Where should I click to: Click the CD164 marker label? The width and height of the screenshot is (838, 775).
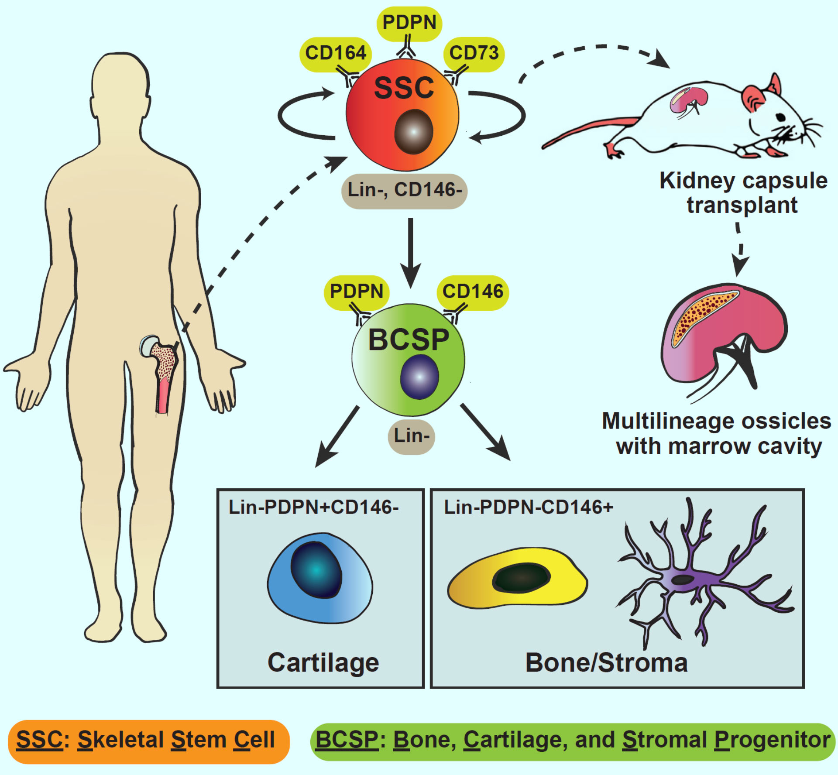click(x=336, y=54)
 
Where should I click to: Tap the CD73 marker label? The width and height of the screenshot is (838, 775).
click(x=474, y=54)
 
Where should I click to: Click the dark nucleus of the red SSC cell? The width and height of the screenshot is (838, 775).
click(x=413, y=132)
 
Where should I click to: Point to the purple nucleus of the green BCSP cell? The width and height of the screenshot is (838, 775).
click(x=419, y=377)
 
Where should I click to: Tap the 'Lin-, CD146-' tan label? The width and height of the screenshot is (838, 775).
click(x=405, y=190)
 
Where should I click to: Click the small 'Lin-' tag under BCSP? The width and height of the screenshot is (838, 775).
click(x=411, y=436)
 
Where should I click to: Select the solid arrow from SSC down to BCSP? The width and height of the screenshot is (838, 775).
click(x=410, y=253)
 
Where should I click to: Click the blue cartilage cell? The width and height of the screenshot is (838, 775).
click(x=320, y=577)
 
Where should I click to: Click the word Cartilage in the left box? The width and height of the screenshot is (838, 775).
click(x=323, y=663)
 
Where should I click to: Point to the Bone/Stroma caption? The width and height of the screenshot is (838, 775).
click(x=606, y=662)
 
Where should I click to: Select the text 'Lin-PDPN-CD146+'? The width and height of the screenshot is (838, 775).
click(x=529, y=508)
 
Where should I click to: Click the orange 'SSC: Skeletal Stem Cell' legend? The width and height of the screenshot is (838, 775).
click(x=149, y=740)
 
